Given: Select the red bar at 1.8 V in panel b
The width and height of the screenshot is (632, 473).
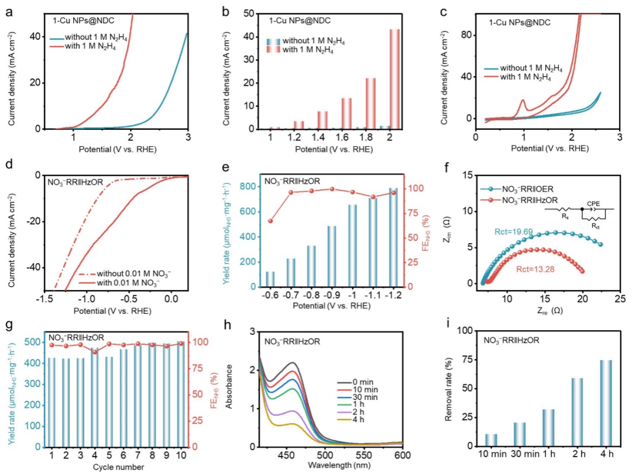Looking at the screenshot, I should pyautogui.click(x=370, y=103).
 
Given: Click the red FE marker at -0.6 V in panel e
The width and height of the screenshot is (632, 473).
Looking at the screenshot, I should pyautogui.click(x=270, y=221).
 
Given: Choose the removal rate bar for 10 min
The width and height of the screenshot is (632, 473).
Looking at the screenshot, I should pyautogui.click(x=491, y=440).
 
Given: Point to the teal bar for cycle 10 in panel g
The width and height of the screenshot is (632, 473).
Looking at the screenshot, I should pyautogui.click(x=181, y=394).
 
